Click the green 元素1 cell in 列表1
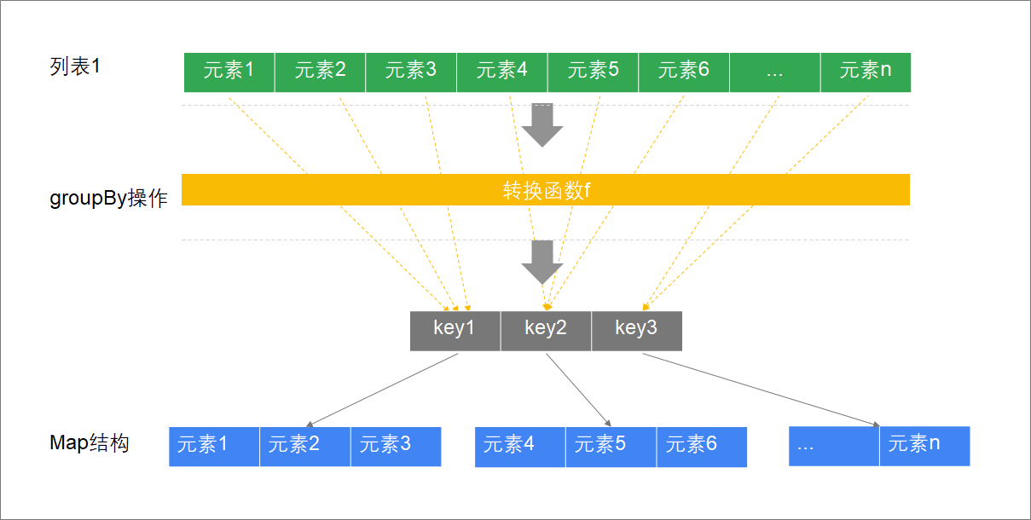[229, 72]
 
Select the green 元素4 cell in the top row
[502, 72]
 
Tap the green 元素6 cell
[684, 72]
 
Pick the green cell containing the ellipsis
[775, 72]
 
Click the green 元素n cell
[866, 72]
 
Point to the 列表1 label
[75, 66]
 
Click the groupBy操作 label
[108, 199]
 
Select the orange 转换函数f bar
[546, 190]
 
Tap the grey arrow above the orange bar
[542, 124]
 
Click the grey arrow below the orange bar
[542, 262]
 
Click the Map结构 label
[90, 443]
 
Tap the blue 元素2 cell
[304, 446]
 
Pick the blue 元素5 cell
[611, 447]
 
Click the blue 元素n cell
[924, 446]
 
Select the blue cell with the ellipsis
[834, 446]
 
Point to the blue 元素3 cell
[396, 446]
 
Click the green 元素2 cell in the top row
[320, 72]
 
